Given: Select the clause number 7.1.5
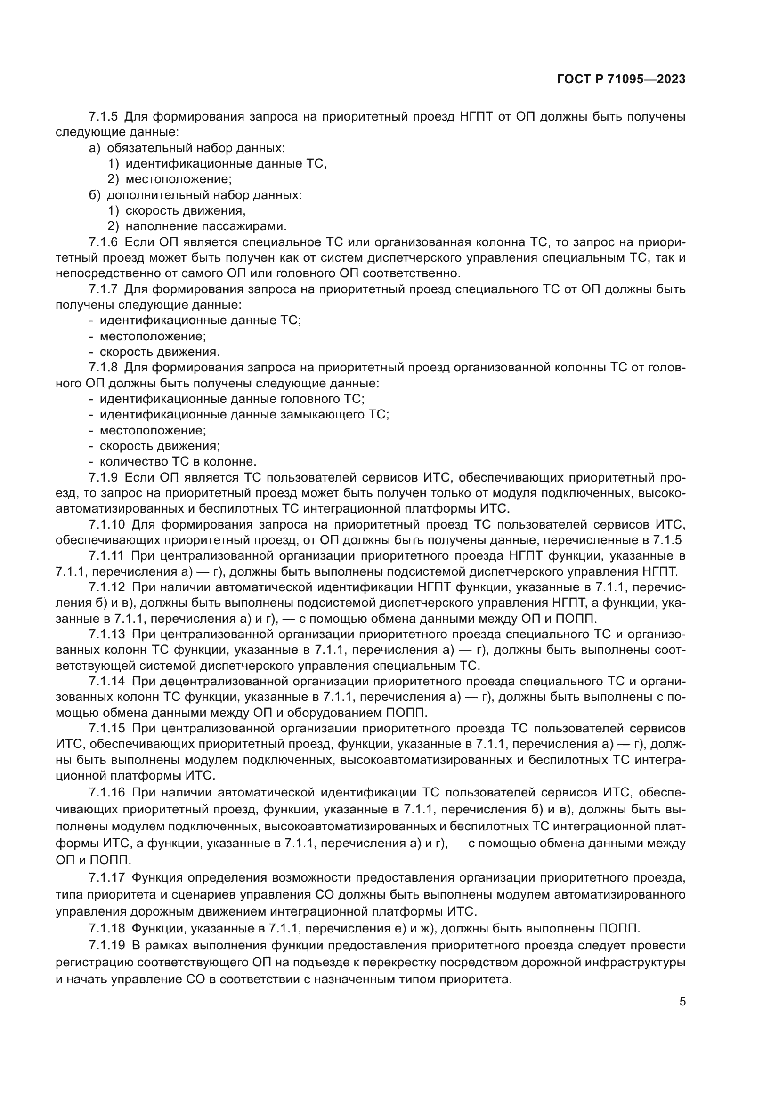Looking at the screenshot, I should pos(103,117).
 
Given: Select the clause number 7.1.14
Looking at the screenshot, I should pos(106,681).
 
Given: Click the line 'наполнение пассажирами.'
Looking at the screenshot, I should pos(206,226).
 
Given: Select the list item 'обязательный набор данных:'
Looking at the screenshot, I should pos(196,148).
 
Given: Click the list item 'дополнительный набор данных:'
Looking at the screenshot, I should pos(204,195).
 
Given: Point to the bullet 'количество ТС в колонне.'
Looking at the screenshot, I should pos(178,461).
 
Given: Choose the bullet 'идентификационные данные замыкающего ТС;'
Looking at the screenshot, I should pos(244,414).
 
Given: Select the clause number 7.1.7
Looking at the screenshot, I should pos(103,289).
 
